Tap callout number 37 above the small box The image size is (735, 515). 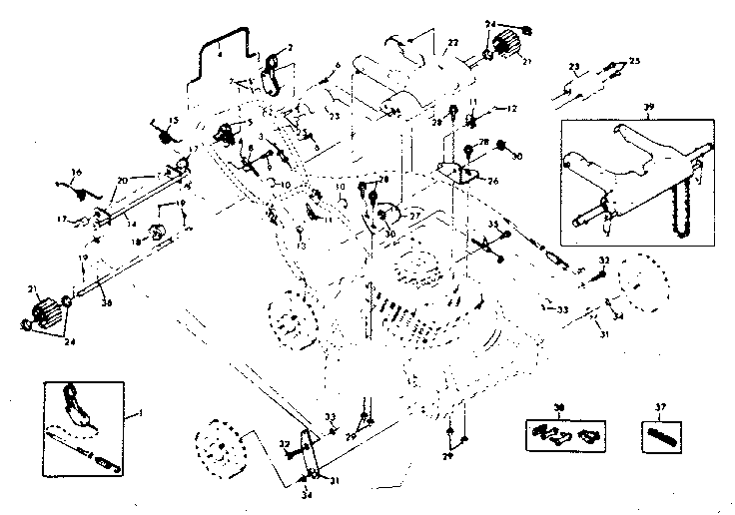[657, 408]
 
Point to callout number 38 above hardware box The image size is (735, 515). [558, 408]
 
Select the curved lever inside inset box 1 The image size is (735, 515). [79, 405]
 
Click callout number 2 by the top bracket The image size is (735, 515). [291, 47]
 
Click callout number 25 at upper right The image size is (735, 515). [635, 60]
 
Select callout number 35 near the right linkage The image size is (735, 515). [492, 225]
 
